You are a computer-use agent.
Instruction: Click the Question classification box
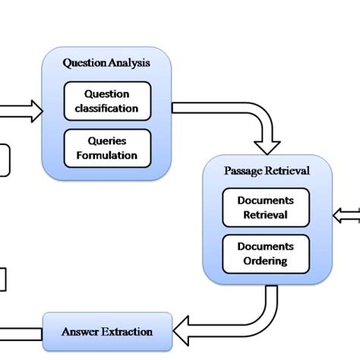pos(106,101)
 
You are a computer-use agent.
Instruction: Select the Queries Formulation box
pos(106,149)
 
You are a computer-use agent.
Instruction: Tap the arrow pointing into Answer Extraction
pos(205,328)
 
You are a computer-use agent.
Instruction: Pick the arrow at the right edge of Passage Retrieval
pos(348,215)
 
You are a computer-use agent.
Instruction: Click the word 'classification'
pos(106,108)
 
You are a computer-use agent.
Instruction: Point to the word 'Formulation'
pos(106,156)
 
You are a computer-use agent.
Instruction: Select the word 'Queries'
pos(106,142)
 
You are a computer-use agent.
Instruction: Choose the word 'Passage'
pos(242,171)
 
